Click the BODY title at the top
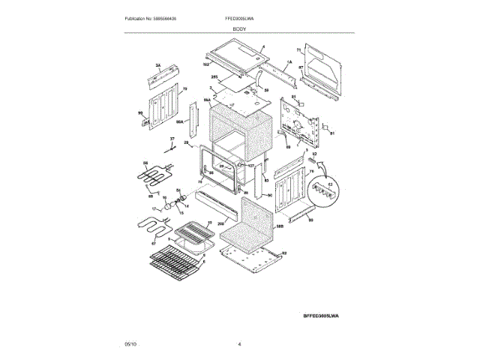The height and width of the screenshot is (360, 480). (239, 27)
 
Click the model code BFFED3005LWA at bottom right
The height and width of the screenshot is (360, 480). (321, 316)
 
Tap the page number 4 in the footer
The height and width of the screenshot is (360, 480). (239, 343)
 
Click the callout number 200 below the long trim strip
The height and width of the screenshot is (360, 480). (221, 223)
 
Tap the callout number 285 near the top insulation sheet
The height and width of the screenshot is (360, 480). (214, 77)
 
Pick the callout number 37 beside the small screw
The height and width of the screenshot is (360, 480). (171, 139)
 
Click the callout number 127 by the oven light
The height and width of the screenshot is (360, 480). (251, 166)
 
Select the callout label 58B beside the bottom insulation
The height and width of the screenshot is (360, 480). (278, 225)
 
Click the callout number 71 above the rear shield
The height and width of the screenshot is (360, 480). (298, 49)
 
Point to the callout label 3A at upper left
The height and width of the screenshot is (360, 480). (158, 67)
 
